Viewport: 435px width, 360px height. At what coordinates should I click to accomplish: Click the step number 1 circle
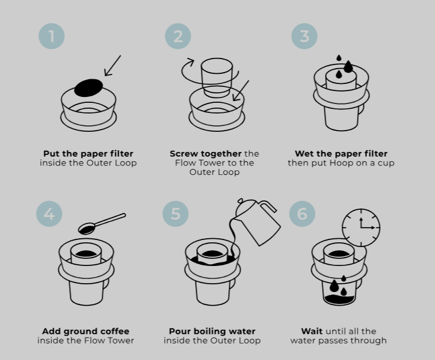[51, 36]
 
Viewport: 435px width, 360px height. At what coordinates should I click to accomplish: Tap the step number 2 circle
[178, 36]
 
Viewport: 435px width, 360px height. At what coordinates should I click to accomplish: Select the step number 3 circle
[304, 36]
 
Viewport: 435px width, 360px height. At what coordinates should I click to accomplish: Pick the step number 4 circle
[49, 213]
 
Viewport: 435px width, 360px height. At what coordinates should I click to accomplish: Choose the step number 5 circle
[176, 213]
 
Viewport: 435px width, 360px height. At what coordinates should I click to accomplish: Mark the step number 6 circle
[302, 213]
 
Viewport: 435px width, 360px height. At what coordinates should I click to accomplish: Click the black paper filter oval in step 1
[89, 87]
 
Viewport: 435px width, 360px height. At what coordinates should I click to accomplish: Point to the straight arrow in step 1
[112, 66]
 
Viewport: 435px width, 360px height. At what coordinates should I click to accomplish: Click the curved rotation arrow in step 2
[188, 66]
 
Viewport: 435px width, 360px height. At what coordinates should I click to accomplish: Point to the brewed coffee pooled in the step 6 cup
[339, 299]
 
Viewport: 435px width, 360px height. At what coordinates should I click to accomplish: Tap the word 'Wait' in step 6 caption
[312, 331]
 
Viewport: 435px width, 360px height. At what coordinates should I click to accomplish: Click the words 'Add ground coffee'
[86, 331]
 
